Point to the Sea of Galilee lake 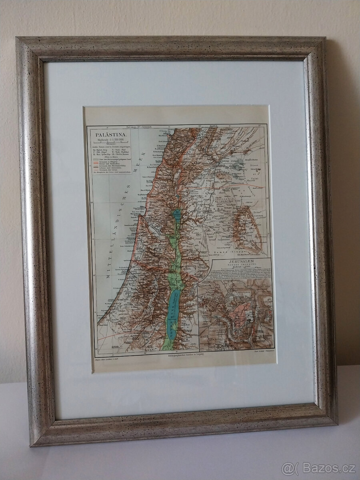point(176,216)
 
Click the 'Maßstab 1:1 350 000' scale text point(109,140)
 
